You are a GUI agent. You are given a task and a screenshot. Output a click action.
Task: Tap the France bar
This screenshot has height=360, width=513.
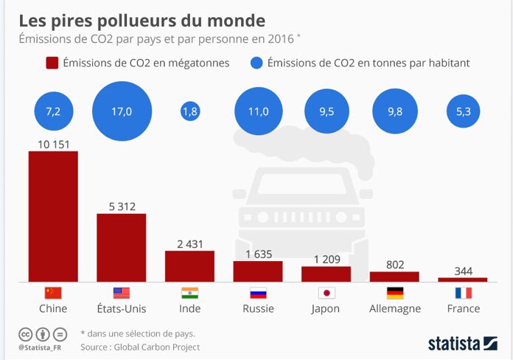pos(462,280)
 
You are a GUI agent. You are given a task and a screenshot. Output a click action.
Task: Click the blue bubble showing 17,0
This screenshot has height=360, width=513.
pos(121,112)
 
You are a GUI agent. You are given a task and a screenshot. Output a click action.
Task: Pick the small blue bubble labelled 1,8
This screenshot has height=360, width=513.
pos(189,112)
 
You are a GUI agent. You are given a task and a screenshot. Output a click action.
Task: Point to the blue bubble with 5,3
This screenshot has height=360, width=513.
pos(462,112)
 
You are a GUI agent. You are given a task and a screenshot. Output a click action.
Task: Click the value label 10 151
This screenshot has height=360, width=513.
pos(53,144)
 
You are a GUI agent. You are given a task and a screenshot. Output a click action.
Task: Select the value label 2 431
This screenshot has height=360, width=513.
pos(189,243)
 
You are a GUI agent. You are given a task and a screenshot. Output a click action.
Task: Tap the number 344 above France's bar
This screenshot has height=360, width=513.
pos(462,271)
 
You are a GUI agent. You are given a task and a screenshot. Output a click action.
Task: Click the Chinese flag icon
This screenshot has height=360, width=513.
pos(53,292)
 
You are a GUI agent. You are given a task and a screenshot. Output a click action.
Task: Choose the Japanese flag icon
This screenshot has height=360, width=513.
pos(326,292)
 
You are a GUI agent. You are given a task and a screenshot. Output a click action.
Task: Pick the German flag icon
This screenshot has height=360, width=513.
pos(394,292)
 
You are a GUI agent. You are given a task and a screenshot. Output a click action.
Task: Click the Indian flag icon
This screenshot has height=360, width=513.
pos(189,292)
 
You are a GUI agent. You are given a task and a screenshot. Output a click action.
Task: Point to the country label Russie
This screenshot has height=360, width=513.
pos(258,308)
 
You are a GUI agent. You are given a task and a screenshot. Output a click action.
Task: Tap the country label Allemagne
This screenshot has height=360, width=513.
pos(394,308)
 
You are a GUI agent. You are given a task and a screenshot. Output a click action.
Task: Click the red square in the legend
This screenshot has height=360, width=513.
pos(52,63)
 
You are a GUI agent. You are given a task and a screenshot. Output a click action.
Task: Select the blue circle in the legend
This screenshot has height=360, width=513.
pos(257,63)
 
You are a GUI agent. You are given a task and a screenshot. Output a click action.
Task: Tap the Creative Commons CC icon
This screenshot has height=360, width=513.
pos(25,333)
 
